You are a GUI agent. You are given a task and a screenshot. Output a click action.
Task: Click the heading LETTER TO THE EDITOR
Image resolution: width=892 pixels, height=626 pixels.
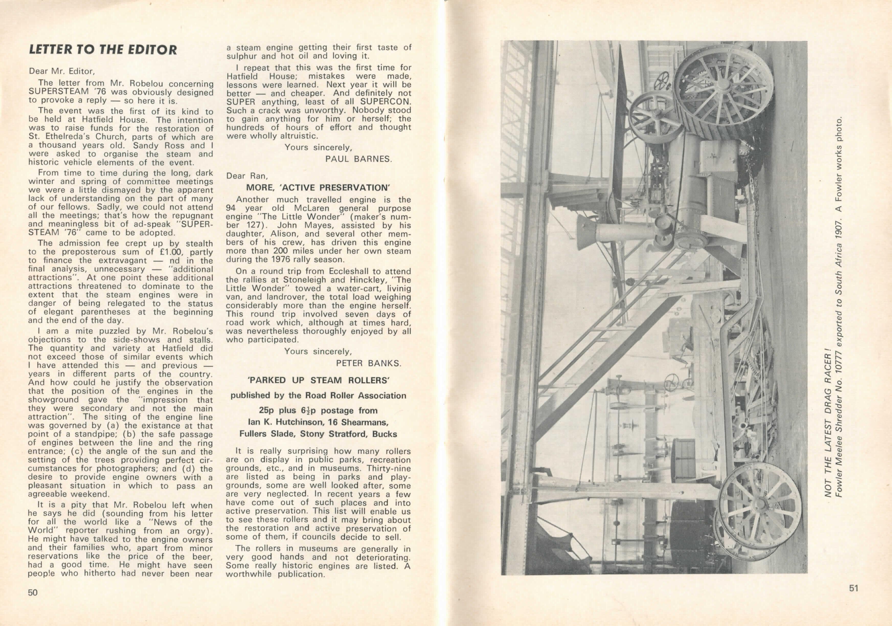tap(103, 50)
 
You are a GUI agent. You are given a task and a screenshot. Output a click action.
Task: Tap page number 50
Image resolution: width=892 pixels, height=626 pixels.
tap(33, 592)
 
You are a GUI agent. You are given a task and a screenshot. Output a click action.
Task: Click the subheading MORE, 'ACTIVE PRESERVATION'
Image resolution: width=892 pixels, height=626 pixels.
tap(318, 188)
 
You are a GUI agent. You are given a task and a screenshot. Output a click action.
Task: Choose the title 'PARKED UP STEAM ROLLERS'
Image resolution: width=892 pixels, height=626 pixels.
tap(319, 380)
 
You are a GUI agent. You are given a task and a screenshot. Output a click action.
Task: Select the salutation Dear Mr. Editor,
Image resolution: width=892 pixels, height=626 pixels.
tap(61, 71)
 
